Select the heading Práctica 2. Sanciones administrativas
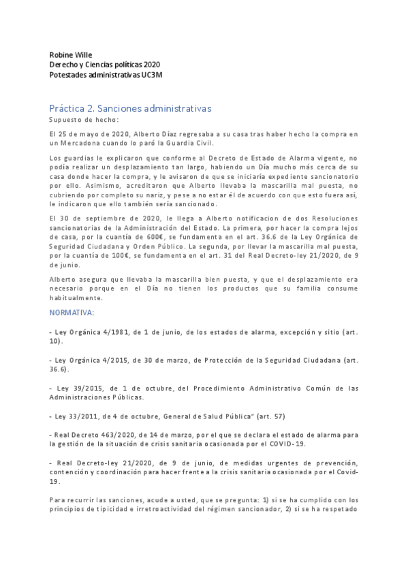(130, 108)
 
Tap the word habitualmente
(77, 297)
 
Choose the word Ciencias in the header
(107, 64)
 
